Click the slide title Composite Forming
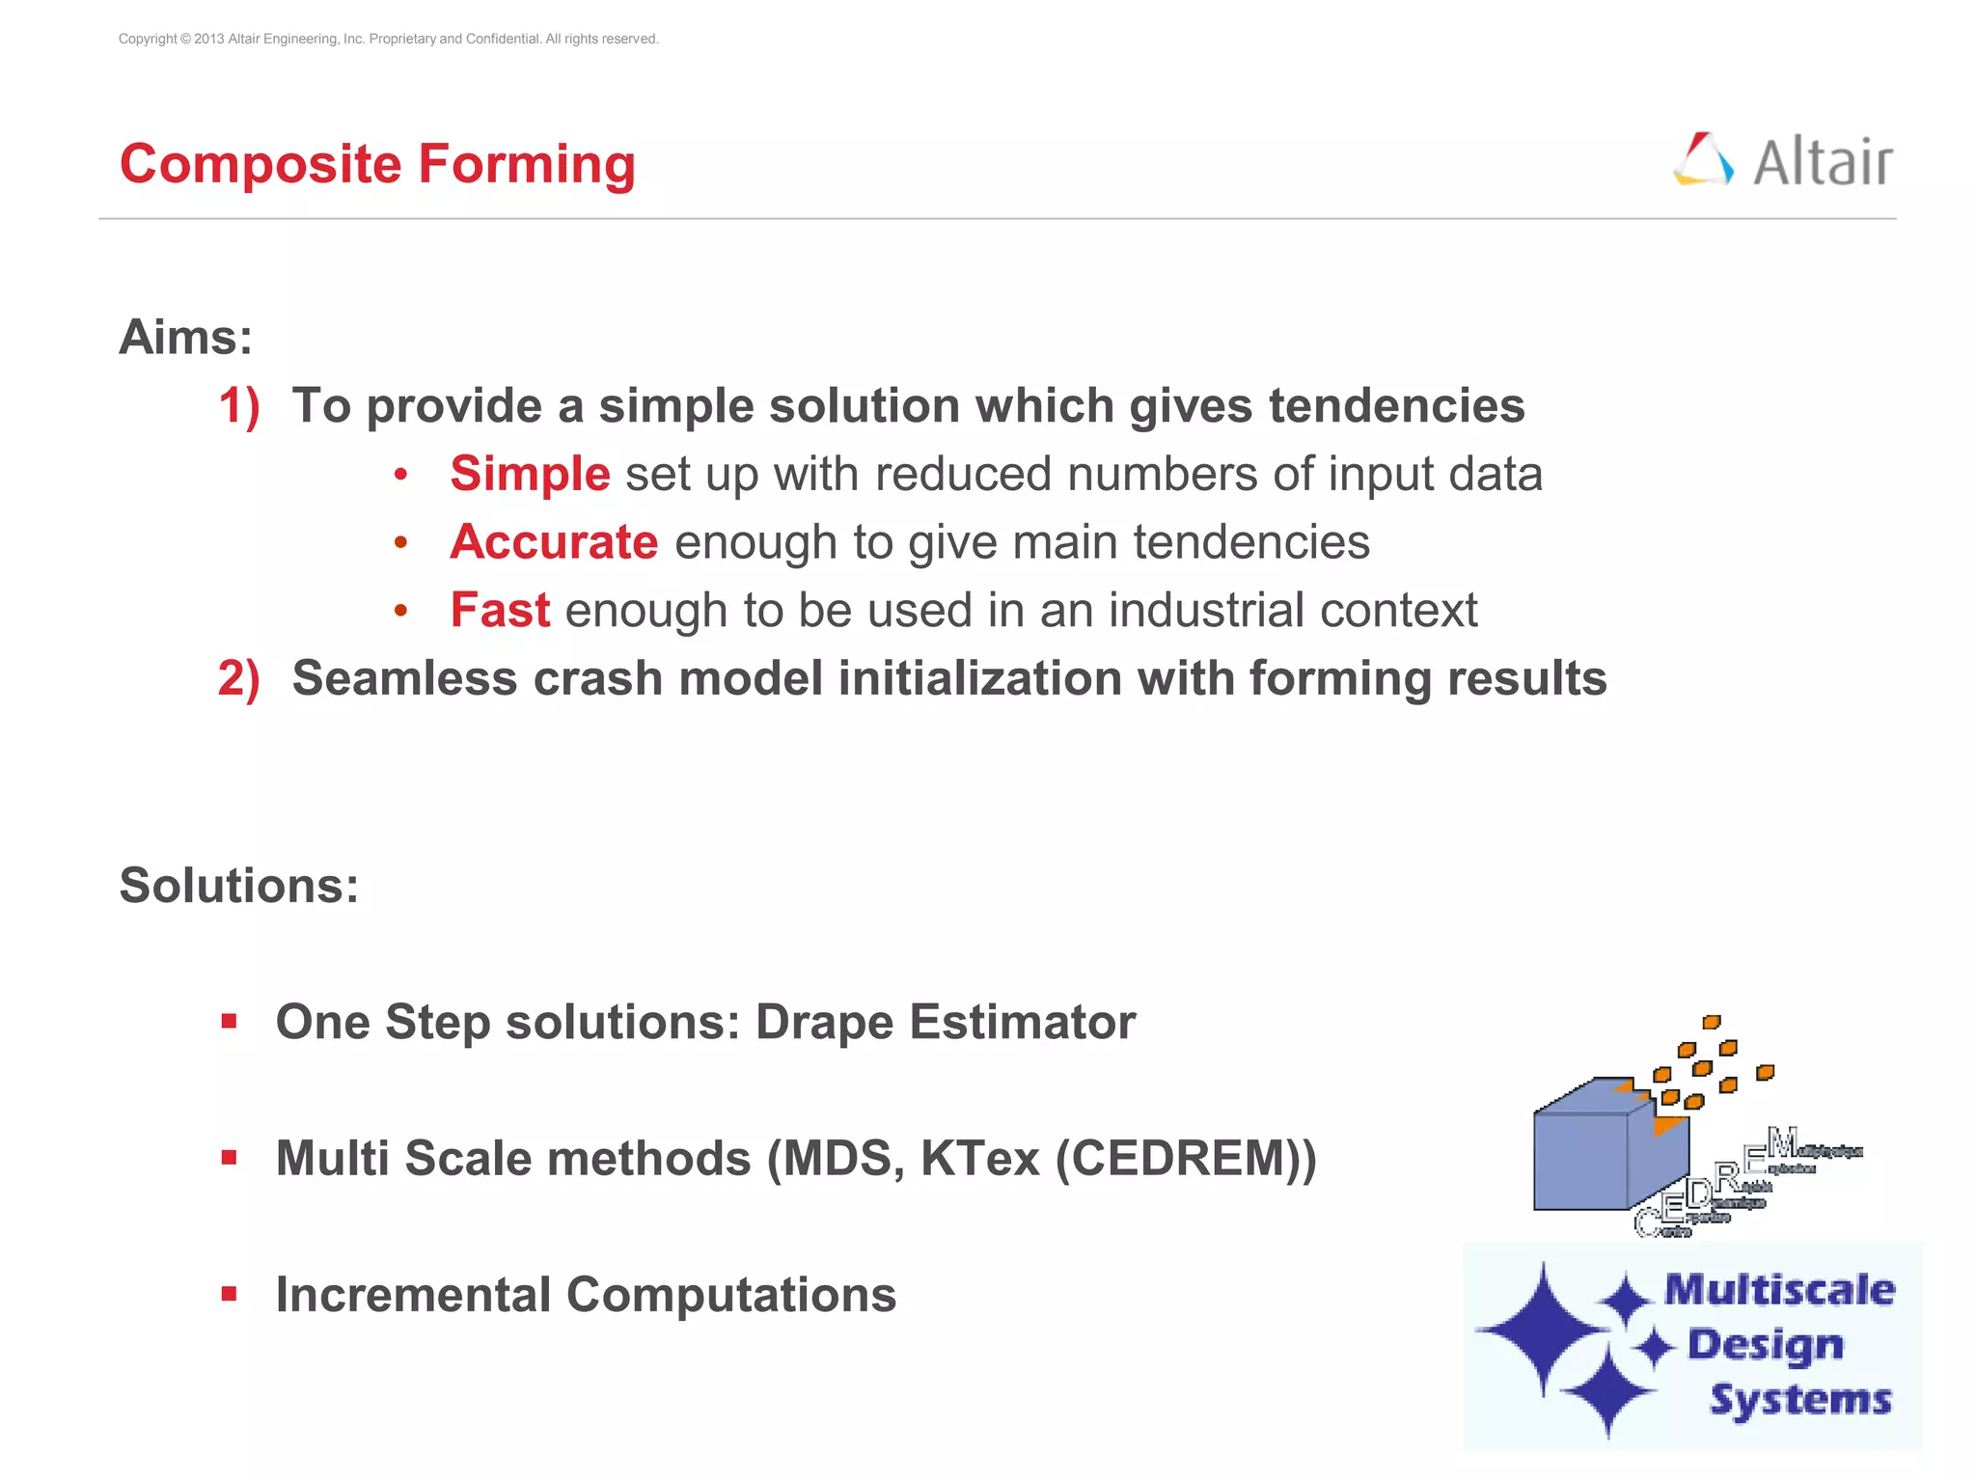click(x=377, y=164)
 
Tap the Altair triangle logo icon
click(x=1703, y=160)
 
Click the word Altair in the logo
click(x=1822, y=162)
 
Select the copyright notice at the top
click(x=388, y=39)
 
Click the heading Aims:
click(x=185, y=338)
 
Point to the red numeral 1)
click(x=238, y=406)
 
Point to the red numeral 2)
click(x=238, y=679)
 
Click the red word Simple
click(x=530, y=475)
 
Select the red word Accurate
click(x=554, y=542)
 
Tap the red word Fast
click(x=500, y=611)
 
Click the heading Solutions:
click(x=238, y=886)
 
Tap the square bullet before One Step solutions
click(x=229, y=1022)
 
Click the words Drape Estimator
click(x=945, y=1022)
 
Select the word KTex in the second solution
click(x=979, y=1159)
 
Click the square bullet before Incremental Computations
click(x=229, y=1295)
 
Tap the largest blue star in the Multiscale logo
click(x=1544, y=1330)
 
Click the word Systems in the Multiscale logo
click(x=1800, y=1400)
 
